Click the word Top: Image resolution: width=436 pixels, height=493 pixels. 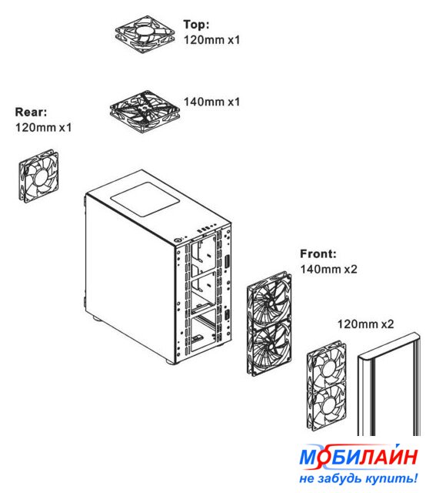196,25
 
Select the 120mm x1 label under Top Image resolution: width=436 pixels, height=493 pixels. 211,40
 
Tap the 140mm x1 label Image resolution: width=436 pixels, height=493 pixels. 211,102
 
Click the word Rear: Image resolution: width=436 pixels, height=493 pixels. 31,112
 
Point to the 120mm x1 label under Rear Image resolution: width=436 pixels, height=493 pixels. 43,127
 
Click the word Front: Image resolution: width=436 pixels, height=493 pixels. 318,253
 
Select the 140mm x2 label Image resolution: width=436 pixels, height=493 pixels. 328,269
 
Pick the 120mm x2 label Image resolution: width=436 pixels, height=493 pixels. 365,324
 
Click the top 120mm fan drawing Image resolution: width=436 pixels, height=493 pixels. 145,34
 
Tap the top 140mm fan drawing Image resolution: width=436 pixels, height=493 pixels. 145,112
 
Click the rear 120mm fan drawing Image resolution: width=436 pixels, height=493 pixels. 38,176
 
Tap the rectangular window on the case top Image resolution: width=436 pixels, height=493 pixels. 145,200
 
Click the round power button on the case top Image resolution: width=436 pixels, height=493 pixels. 178,240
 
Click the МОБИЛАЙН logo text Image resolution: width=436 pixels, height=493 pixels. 358,456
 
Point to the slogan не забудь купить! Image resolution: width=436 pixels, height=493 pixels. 358,478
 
